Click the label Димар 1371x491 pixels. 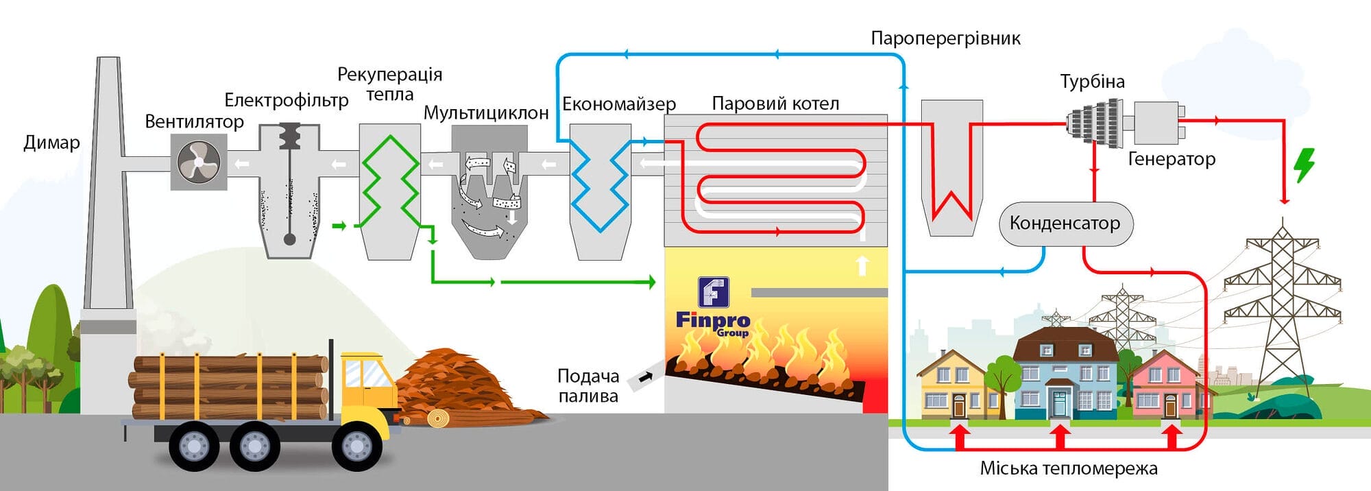(51, 143)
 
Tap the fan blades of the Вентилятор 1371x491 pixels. (198, 162)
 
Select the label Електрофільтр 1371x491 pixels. (286, 101)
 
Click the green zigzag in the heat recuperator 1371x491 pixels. (389, 182)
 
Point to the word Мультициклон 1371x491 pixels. (485, 113)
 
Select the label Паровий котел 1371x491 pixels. (775, 104)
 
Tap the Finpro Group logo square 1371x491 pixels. (713, 292)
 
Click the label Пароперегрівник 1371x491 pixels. (945, 38)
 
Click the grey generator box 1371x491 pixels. (1156, 122)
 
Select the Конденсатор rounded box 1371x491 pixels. (1065, 224)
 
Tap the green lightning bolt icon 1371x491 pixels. (1304, 165)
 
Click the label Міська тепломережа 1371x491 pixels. (1068, 468)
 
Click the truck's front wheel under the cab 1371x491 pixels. (356, 446)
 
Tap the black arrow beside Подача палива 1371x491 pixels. (645, 376)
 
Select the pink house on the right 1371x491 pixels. (1163, 387)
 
